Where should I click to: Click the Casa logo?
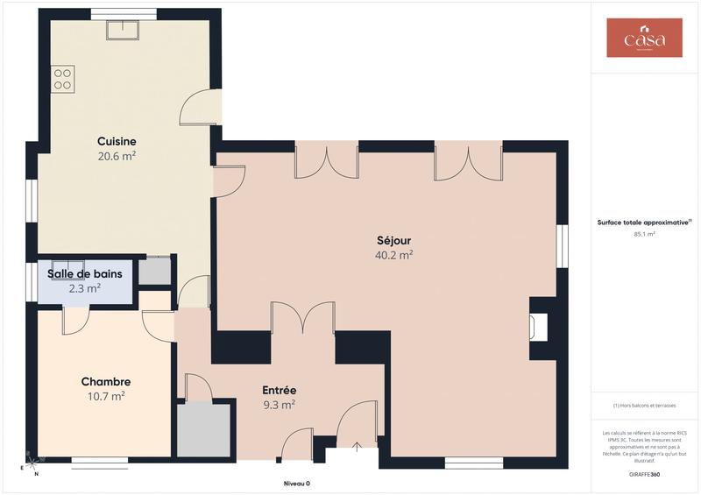point(644,38)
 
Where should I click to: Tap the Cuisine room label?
point(117,141)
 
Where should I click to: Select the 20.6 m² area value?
point(117,156)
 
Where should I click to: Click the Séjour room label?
point(393,240)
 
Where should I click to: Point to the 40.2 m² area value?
point(393,255)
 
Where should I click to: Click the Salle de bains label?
point(84,273)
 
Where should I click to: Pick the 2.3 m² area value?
point(85,287)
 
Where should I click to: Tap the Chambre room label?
point(106,382)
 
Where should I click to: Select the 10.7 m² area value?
point(106,396)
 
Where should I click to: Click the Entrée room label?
point(279,390)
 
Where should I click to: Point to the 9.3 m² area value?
point(279,405)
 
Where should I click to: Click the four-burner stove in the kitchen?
point(63,79)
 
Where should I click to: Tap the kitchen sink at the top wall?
point(124,30)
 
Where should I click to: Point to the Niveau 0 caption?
point(296,484)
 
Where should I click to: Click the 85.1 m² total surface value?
point(644,235)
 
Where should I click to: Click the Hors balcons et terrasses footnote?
point(644,406)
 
